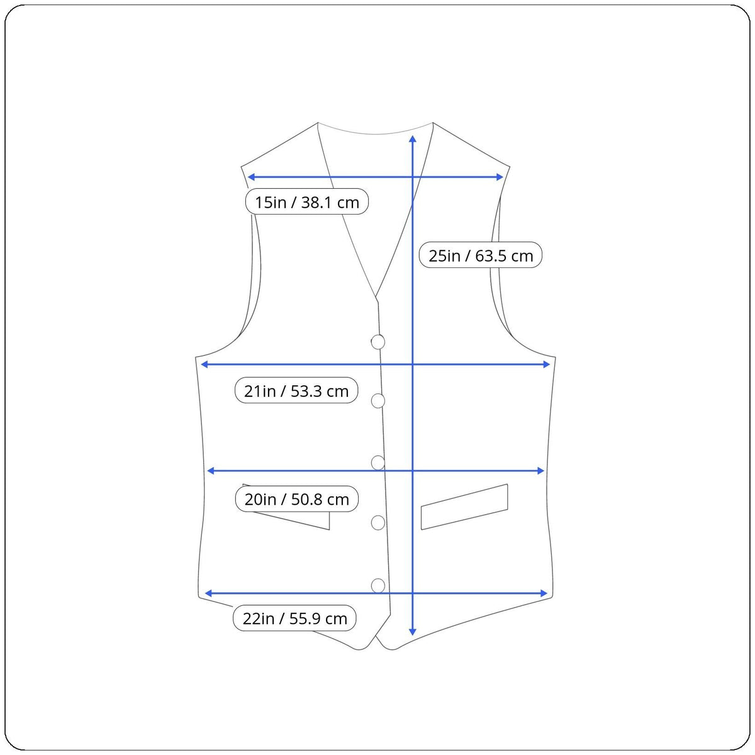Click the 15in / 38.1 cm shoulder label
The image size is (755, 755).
coord(307,202)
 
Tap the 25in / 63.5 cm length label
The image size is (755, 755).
coord(480,255)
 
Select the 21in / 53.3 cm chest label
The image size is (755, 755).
coord(296,390)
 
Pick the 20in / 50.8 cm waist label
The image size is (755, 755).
coord(296,499)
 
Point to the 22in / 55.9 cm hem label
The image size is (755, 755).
coord(294,618)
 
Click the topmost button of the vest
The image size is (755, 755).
coord(377,342)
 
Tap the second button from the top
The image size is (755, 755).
coord(377,401)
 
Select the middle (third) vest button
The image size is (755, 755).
coord(377,462)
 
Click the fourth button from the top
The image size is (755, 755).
coord(377,523)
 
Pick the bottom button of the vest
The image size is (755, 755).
coord(377,586)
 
